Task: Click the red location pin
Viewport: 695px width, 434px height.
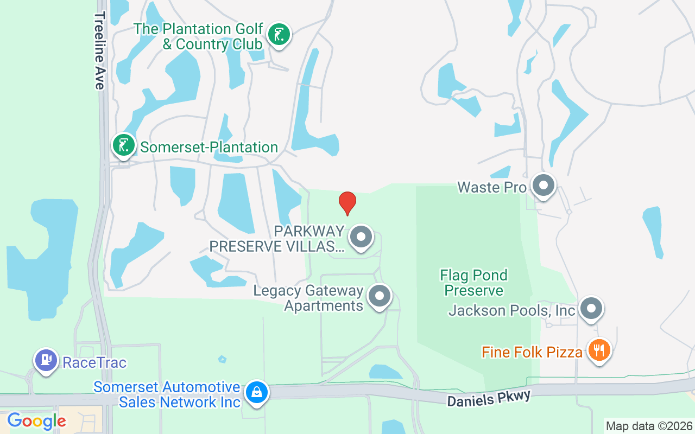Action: [x=347, y=203]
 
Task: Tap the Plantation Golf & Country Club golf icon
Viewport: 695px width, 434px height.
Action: [x=279, y=35]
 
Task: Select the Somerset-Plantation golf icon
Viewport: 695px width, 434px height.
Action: [x=124, y=145]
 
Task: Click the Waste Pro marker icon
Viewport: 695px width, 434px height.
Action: [x=543, y=186]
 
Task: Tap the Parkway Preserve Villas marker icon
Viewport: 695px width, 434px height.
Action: [x=361, y=237]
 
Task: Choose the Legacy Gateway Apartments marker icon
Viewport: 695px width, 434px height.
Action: [x=380, y=296]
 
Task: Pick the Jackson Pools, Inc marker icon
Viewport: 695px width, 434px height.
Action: [x=591, y=309]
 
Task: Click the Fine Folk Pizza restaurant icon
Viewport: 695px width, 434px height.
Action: [x=599, y=350]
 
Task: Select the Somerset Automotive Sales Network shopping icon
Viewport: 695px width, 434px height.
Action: [x=256, y=392]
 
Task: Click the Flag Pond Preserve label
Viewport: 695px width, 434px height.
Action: [x=474, y=283]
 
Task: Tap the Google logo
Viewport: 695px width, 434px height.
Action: [x=36, y=421]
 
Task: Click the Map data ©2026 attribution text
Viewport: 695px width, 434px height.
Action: [x=649, y=426]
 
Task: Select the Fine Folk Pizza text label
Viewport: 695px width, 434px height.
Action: [x=532, y=353]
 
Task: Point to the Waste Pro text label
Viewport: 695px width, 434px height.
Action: [x=492, y=188]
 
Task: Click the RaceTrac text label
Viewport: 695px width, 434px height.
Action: [x=94, y=362]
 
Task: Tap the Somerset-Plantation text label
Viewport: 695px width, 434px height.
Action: [x=209, y=147]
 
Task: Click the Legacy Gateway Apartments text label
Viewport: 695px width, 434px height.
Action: [x=308, y=298]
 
